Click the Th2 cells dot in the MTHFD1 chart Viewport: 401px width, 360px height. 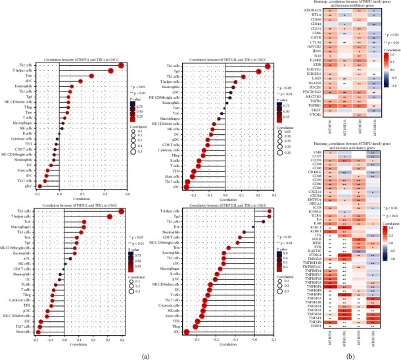click(x=121, y=65)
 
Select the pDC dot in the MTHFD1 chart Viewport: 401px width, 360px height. click(x=39, y=187)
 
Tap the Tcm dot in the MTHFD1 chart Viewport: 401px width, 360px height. click(x=91, y=76)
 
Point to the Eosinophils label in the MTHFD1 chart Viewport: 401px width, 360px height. click(x=25, y=87)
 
